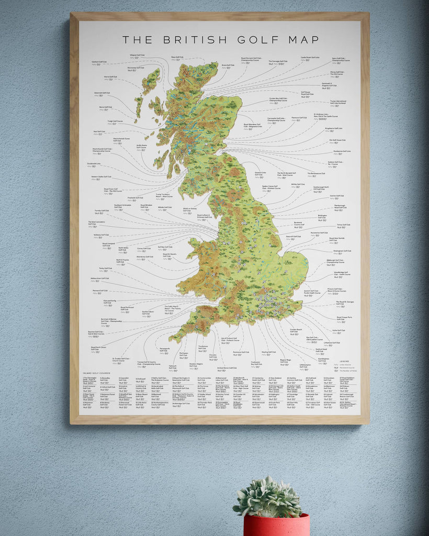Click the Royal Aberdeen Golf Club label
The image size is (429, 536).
[253, 125]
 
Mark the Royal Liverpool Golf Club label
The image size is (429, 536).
[108, 244]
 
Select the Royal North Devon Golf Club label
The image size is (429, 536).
[98, 348]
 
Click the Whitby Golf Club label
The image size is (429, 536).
[298, 184]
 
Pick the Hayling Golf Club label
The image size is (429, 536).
[268, 352]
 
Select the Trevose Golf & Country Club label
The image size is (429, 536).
[149, 362]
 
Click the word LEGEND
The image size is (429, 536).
[344, 362]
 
